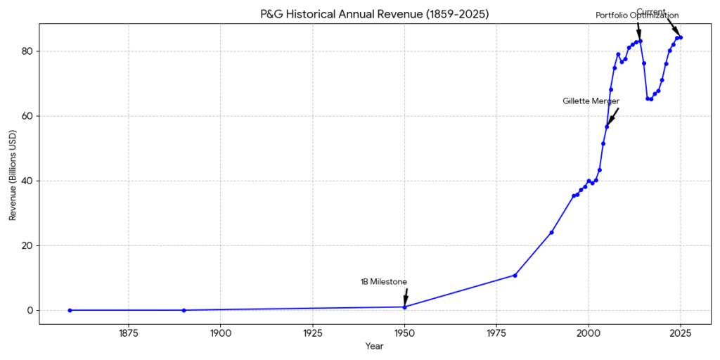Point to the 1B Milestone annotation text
point(384,282)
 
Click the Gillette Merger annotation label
point(591,101)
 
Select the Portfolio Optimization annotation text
point(637,15)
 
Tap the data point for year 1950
point(404,307)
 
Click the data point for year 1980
point(515,275)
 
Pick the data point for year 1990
point(551,232)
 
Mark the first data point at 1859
point(70,310)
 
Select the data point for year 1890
point(184,310)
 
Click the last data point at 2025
point(681,37)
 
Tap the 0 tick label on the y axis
point(30,310)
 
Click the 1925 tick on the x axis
point(312,333)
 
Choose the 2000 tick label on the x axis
point(589,333)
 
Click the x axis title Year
point(374,346)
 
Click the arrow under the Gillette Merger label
point(612,117)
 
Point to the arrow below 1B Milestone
point(406,297)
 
